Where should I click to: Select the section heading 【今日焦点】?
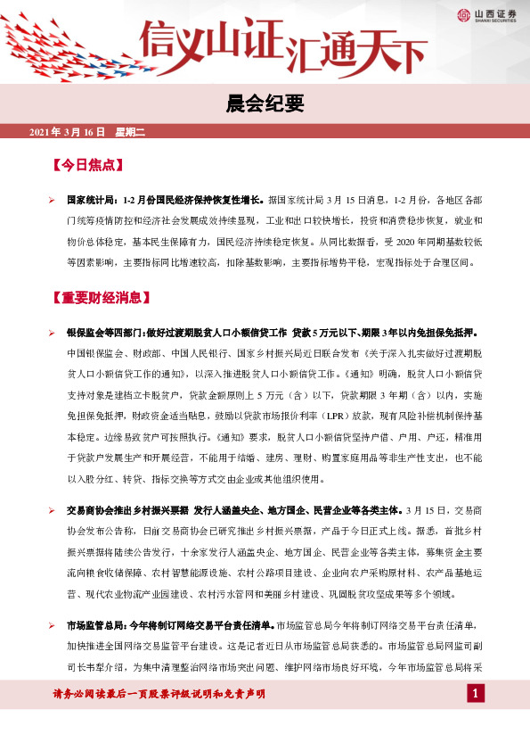point(86,167)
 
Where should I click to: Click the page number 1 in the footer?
point(477,694)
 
